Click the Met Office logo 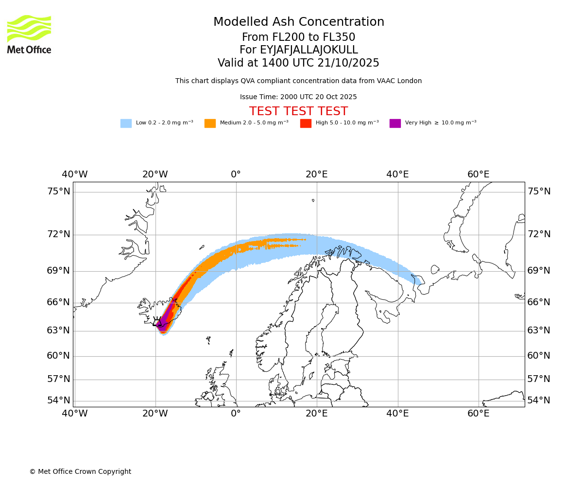pos(29,34)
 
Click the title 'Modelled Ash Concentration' pos(298,22)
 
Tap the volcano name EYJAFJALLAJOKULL pos(298,50)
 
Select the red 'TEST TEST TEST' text pos(298,111)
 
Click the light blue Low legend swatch pos(126,123)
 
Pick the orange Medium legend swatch pos(210,123)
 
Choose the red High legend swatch pos(306,123)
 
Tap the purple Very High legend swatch pos(395,123)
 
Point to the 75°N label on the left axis pos(58,191)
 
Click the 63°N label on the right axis pos(539,330)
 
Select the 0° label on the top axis pos(236,174)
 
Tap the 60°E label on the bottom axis pos(478,414)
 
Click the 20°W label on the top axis pos(155,174)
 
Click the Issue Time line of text pos(298,97)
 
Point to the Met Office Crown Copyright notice pos(80,472)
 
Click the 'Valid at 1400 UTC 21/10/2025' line pos(298,63)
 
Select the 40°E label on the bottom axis pos(397,414)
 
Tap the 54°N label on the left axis pos(58,400)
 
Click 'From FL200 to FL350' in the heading pos(298,37)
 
